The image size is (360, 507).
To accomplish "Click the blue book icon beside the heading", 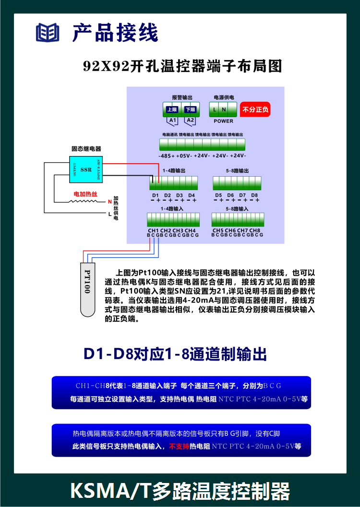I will click(48, 32).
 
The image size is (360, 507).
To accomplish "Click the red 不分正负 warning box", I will click(255, 110).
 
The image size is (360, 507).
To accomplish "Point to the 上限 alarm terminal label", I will click(172, 109).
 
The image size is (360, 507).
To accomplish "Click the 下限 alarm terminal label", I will click(191, 109).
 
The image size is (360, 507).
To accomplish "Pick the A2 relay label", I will click(191, 120).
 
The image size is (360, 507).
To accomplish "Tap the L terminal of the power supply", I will click(215, 109).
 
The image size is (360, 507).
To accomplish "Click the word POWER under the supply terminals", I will click(223, 121).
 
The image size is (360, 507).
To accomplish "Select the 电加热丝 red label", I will click(85, 193).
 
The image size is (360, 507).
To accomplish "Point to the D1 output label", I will click(155, 195).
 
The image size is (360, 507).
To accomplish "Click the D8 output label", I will click(254, 195).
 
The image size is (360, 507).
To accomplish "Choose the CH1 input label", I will click(154, 230).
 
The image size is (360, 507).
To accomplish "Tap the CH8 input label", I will click(255, 230).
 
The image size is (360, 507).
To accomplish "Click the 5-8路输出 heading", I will click(237, 171).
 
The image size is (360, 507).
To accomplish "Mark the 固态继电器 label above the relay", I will click(86, 149).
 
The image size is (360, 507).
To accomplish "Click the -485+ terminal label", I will click(167, 156).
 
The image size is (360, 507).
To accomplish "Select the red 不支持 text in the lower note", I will click(179, 446).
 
